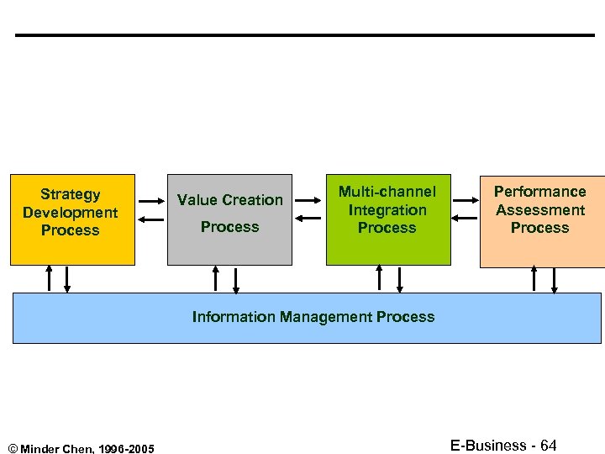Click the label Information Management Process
click(x=313, y=317)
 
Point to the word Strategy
click(x=71, y=194)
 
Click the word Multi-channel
click(x=387, y=193)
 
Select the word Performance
click(x=540, y=192)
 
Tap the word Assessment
click(x=540, y=210)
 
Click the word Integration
click(x=387, y=210)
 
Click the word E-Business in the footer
click(x=488, y=446)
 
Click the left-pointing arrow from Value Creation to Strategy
click(x=151, y=219)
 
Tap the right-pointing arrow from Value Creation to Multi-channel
click(x=309, y=201)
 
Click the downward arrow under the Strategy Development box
click(x=67, y=279)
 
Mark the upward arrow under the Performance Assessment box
click(x=535, y=279)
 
